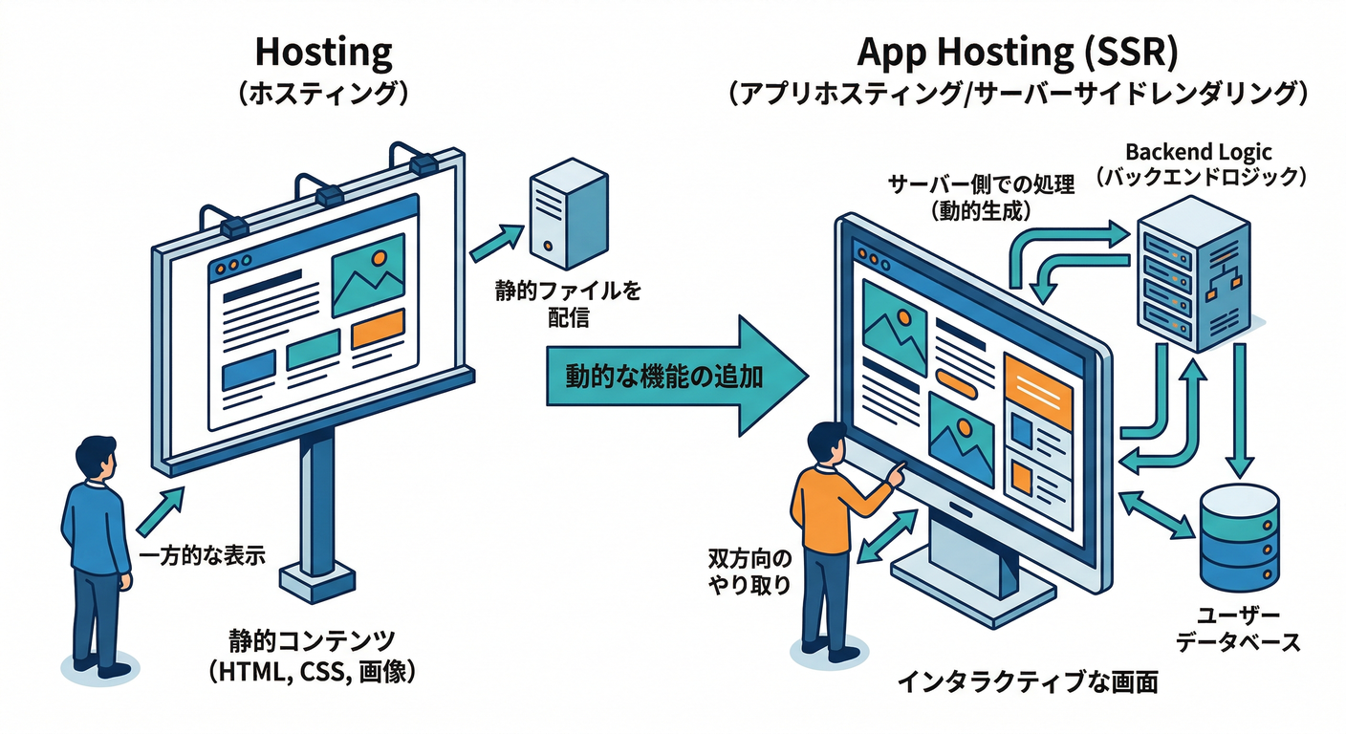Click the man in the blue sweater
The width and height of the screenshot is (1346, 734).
97,554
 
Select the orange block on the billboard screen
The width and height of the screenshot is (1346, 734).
378,330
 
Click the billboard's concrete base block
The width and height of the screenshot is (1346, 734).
316,581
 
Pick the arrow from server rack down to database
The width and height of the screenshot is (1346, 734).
1239,411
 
